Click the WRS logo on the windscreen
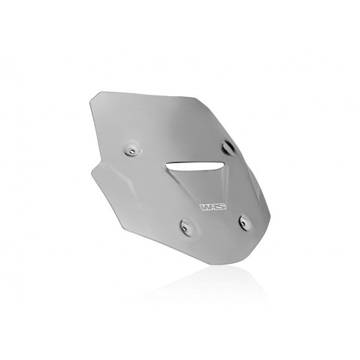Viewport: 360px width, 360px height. click(x=213, y=207)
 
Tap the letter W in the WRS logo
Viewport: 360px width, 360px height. click(x=205, y=207)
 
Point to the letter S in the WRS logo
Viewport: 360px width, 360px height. click(x=221, y=207)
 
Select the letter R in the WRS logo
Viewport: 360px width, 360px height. click(x=213, y=207)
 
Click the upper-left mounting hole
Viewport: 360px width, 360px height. click(x=132, y=151)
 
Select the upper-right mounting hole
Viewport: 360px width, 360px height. click(x=228, y=147)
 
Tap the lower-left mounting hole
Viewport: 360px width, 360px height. click(x=185, y=227)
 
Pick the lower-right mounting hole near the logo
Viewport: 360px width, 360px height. click(x=245, y=223)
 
